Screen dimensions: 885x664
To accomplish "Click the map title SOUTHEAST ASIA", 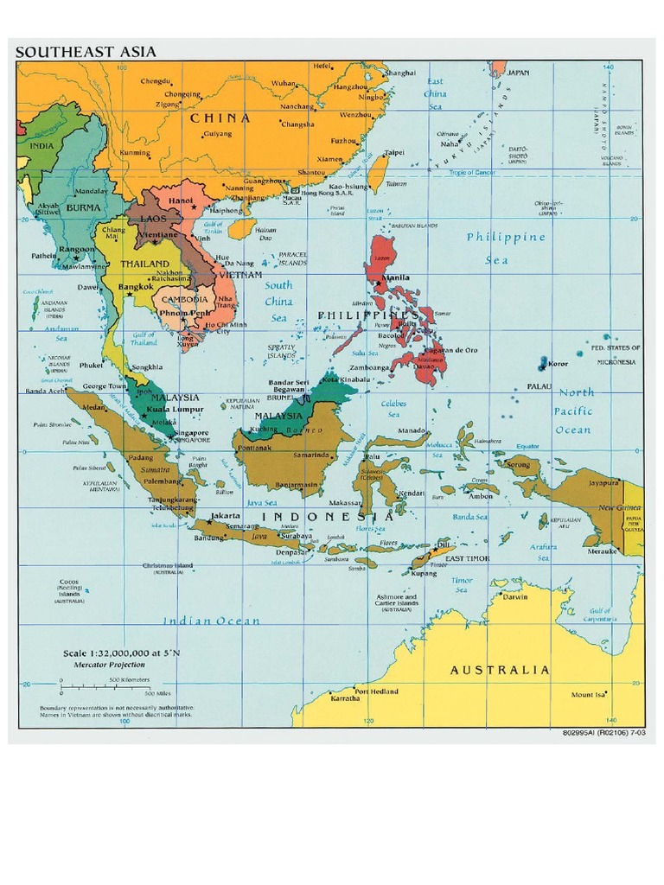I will [86, 52].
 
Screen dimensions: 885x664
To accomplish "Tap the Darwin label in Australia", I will [515, 596].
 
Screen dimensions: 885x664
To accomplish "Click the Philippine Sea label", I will [506, 248].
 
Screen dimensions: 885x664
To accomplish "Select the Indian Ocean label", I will [212, 621].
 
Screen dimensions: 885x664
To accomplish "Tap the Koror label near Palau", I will [558, 364].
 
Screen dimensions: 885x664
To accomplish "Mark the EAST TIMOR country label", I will [467, 559].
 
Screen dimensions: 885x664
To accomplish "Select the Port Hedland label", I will [376, 691].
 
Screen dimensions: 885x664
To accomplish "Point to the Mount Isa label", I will [588, 695].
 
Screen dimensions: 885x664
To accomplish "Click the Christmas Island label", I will [174, 566].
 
